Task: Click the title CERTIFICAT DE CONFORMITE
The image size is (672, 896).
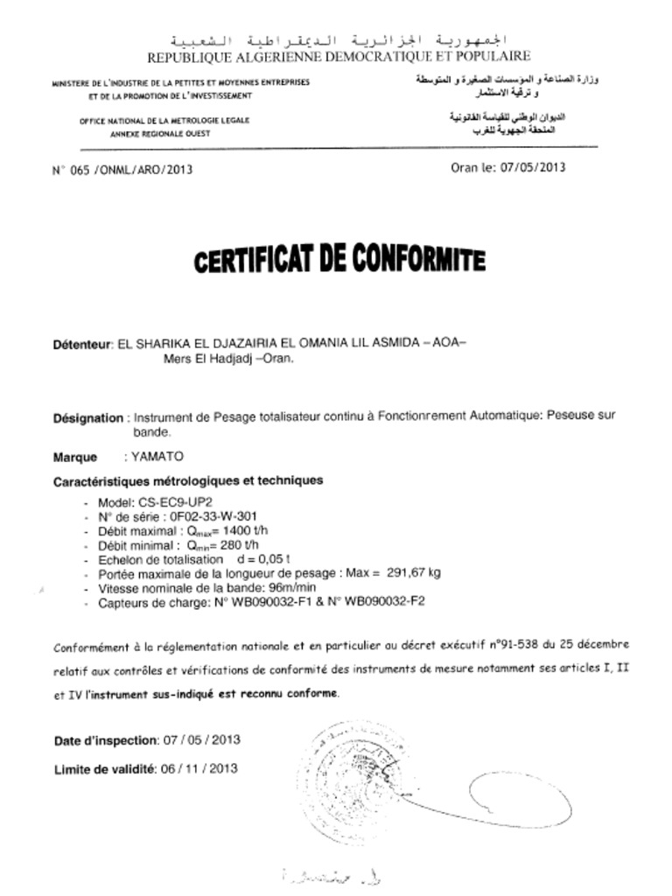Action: tap(339, 260)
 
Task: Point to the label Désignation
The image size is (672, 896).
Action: tap(88, 418)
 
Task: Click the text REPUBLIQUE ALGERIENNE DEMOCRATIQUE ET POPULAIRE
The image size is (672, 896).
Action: tap(338, 57)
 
